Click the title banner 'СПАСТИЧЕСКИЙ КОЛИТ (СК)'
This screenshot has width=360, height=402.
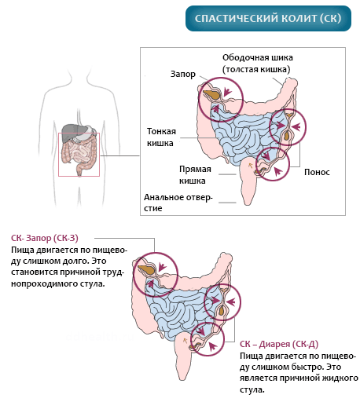click(268, 18)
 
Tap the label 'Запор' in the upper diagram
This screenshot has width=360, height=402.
click(183, 75)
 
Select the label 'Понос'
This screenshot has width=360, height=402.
click(317, 172)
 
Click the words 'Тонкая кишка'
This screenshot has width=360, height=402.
click(161, 137)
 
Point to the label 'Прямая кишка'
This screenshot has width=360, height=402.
click(195, 175)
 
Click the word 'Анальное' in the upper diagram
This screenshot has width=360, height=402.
click(163, 197)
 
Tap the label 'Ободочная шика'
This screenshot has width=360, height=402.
click(258, 57)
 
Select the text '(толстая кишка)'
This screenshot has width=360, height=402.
click(256, 70)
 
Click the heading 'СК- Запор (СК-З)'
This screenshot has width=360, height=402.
click(45, 238)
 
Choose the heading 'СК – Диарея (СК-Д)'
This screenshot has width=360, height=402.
click(279, 344)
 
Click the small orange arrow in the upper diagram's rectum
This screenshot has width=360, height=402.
click(250, 165)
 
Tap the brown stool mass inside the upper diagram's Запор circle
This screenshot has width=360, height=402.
click(211, 94)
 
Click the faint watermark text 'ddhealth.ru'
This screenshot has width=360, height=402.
click(100, 336)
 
